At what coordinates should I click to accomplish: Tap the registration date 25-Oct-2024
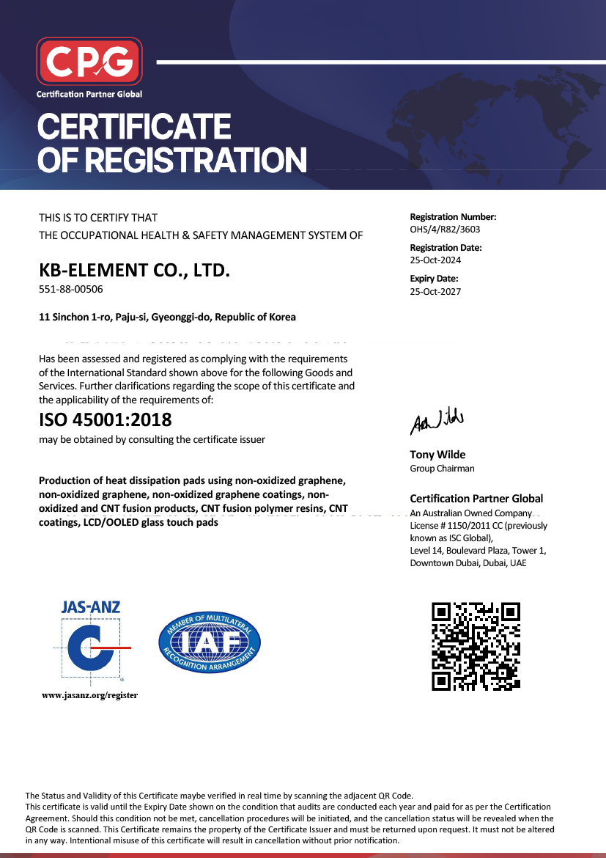tap(435, 260)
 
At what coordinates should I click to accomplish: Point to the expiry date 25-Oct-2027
tap(435, 291)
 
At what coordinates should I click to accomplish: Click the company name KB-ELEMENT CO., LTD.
tap(134, 270)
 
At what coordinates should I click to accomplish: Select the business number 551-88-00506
tap(71, 289)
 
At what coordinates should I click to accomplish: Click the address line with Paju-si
tap(167, 318)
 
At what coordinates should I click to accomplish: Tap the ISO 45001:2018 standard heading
tap(105, 420)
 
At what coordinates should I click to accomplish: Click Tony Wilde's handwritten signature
tap(436, 421)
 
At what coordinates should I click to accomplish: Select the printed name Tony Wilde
tap(437, 455)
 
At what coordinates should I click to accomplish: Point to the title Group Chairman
tap(442, 469)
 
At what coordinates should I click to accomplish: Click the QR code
tap(476, 645)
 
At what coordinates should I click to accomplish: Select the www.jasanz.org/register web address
tap(90, 694)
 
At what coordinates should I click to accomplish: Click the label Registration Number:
tap(453, 217)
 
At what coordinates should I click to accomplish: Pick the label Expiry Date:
tap(434, 279)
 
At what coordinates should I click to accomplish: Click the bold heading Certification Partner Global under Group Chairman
tap(476, 499)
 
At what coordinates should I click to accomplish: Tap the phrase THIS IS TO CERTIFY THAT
tap(98, 218)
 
